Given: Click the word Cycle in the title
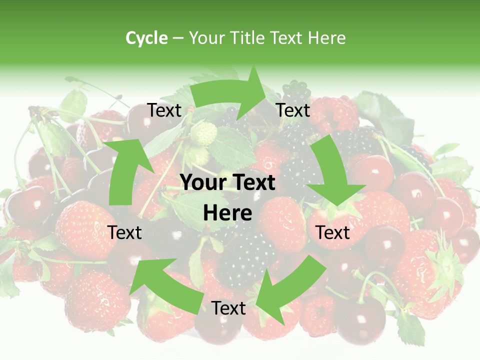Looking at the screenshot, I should (146, 38).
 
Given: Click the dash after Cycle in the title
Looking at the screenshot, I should (178, 38).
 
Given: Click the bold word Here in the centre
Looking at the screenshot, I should (227, 213).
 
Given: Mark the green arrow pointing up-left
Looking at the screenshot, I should (160, 280).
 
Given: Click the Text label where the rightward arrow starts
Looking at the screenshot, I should (164, 110).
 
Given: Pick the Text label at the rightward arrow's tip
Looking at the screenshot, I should (293, 110).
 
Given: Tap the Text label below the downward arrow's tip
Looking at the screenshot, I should (333, 232).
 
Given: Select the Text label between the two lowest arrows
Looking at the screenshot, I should (228, 308).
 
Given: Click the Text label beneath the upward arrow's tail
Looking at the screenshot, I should (124, 232).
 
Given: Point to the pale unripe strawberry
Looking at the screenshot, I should (204, 133).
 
